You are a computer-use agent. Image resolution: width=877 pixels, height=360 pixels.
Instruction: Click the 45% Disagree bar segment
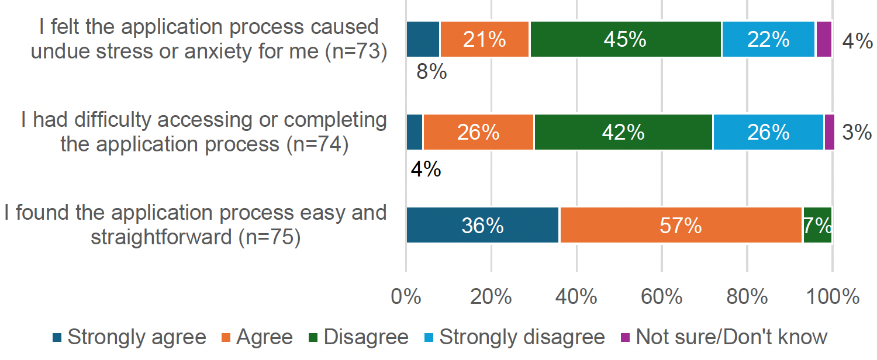(626, 39)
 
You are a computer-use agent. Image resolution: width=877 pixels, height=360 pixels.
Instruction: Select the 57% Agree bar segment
(681, 225)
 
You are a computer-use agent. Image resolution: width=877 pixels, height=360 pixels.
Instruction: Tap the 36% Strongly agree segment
(483, 225)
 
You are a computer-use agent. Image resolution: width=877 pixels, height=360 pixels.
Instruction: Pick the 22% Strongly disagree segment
(768, 39)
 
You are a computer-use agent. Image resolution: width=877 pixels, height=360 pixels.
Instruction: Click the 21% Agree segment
(485, 39)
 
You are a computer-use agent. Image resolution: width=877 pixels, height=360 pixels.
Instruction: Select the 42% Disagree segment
(623, 132)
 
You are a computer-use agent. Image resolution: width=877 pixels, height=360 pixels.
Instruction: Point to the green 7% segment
(817, 225)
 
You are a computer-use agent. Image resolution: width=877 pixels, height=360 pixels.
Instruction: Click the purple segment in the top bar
(824, 39)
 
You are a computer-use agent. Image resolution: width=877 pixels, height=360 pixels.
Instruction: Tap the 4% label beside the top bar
(857, 41)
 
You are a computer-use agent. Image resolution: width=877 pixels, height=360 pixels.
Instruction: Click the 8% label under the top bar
(431, 73)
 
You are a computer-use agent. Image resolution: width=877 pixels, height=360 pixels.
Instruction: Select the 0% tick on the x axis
(406, 296)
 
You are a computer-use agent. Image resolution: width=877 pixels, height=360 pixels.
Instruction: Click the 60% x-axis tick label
(661, 296)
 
